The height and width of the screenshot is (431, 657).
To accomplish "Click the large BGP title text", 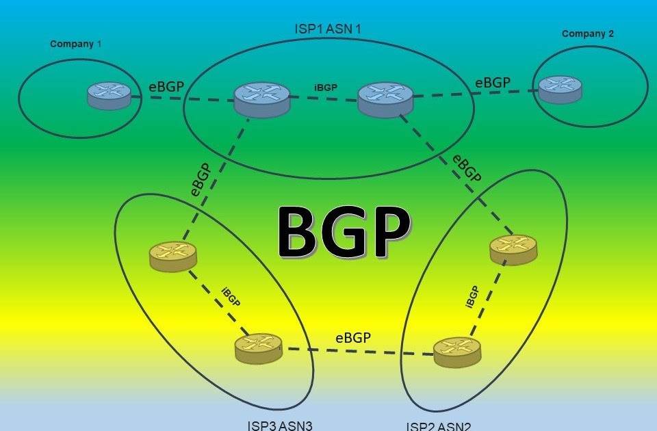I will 344,233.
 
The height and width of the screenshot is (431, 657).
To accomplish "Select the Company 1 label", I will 76,44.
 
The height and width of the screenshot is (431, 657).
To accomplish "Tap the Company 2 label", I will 588,34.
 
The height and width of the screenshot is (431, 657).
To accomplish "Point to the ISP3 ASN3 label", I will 280,426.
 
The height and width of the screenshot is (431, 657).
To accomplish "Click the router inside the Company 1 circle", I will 109,96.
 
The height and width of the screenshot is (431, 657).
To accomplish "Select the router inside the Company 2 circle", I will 560,90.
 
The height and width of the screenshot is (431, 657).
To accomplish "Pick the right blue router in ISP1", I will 385,99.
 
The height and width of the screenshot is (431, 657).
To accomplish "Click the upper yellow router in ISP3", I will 172,257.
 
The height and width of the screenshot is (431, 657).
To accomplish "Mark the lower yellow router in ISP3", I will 258,348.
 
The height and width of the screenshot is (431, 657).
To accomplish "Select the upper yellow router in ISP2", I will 513,250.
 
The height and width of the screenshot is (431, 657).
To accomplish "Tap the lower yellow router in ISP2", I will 457,350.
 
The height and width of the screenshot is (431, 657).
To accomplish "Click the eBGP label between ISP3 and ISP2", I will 353,337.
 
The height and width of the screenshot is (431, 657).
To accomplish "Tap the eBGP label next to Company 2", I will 493,82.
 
